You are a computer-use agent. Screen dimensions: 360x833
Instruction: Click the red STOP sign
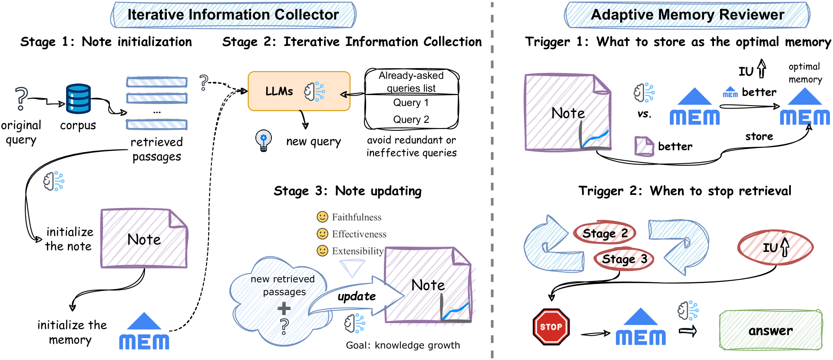(x=551, y=327)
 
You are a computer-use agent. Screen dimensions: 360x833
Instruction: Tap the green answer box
(x=770, y=330)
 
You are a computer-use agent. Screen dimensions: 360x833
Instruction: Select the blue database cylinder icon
(x=78, y=99)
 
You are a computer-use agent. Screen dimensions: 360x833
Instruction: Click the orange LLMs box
(x=299, y=91)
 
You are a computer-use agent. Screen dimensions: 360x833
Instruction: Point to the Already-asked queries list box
(x=411, y=82)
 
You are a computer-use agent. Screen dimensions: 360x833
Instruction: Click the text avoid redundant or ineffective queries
(x=411, y=146)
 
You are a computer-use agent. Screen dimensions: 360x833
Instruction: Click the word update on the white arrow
(x=357, y=297)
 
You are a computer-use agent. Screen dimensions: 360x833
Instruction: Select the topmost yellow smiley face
(x=322, y=217)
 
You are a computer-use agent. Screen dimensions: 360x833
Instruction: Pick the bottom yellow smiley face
(x=322, y=251)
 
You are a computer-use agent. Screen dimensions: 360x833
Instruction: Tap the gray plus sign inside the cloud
(x=284, y=309)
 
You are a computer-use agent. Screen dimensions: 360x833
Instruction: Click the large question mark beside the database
(x=21, y=99)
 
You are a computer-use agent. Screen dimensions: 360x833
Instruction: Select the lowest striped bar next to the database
(x=156, y=125)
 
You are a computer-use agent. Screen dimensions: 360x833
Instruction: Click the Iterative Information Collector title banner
(x=233, y=15)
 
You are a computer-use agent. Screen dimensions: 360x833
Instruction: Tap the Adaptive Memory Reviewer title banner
(x=687, y=15)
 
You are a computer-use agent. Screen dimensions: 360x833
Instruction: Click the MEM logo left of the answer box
(x=641, y=328)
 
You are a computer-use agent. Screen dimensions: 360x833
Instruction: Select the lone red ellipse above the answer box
(x=775, y=247)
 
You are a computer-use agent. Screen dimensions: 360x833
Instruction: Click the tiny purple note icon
(x=644, y=146)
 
